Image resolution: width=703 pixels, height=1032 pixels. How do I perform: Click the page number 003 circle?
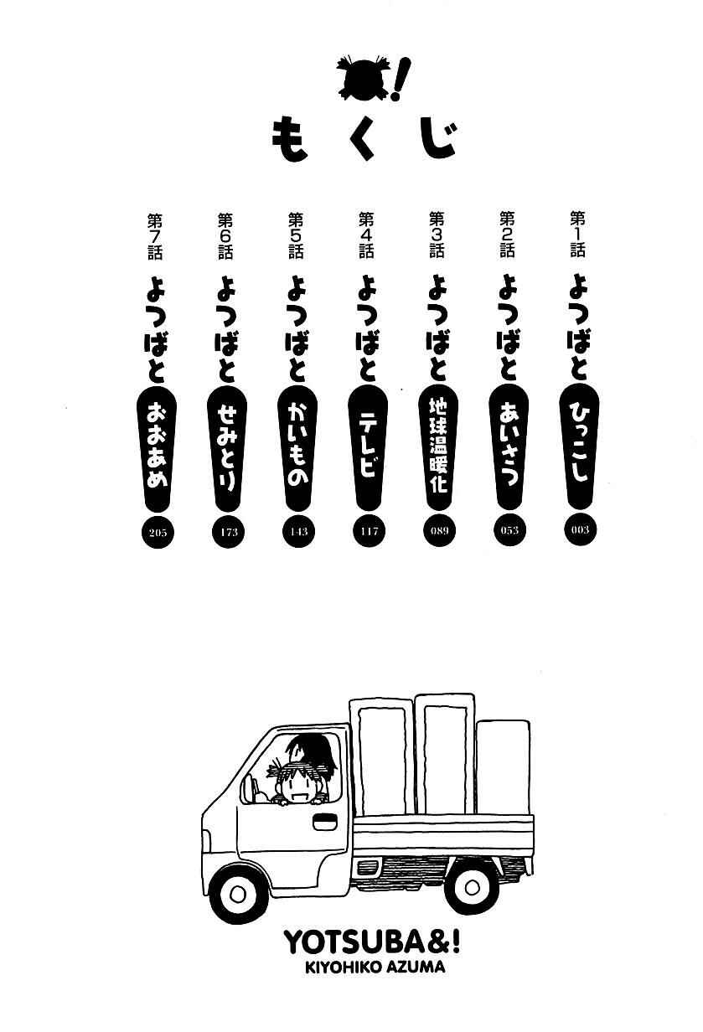(579, 529)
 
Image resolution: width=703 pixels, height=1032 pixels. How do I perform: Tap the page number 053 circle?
(509, 530)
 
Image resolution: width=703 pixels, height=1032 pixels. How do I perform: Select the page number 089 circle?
(439, 531)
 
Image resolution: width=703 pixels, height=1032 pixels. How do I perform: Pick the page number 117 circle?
(369, 532)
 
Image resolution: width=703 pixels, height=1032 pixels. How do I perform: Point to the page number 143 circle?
(298, 532)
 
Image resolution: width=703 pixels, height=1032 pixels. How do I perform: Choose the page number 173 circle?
(228, 533)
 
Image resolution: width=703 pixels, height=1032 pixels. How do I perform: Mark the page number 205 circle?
(158, 533)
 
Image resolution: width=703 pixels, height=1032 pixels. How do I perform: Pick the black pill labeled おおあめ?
(158, 447)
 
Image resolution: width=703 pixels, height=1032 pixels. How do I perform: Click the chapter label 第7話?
(155, 236)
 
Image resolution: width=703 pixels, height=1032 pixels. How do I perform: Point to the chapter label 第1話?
(578, 234)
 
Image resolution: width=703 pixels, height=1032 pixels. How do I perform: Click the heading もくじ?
(364, 139)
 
